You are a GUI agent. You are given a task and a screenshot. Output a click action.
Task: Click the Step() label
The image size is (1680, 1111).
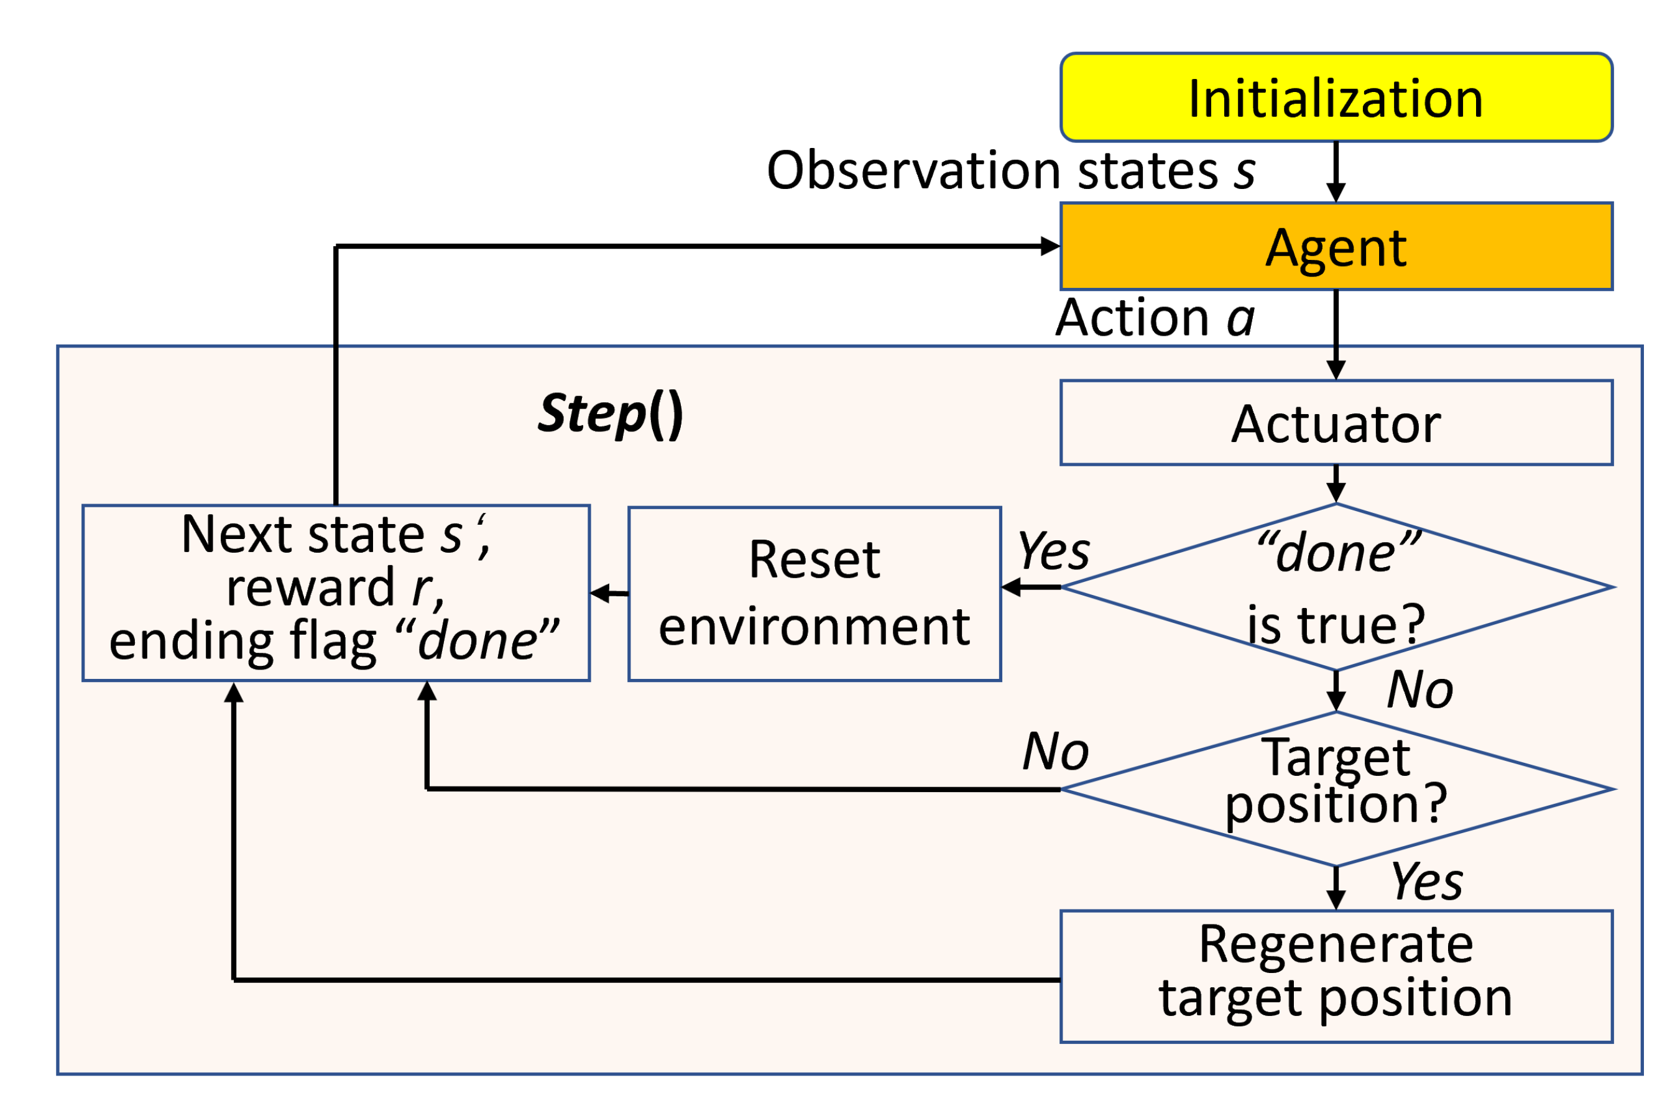pyautogui.click(x=610, y=415)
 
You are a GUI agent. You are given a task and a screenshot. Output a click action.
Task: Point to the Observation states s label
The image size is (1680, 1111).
pyautogui.click(x=1010, y=172)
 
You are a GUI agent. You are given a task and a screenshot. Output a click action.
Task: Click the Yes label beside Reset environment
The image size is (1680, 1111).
pyautogui.click(x=1054, y=552)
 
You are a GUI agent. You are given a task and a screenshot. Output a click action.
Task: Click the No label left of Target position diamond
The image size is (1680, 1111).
pyautogui.click(x=1055, y=752)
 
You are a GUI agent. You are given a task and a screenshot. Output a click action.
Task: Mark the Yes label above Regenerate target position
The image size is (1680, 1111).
pyautogui.click(x=1426, y=883)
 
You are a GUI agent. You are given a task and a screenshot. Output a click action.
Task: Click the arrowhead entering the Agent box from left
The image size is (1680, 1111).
pyautogui.click(x=1050, y=247)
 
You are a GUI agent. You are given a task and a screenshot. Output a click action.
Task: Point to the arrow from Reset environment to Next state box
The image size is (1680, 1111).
pyautogui.click(x=609, y=594)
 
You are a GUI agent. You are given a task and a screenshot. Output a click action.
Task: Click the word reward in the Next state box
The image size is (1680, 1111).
pyautogui.click(x=310, y=588)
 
